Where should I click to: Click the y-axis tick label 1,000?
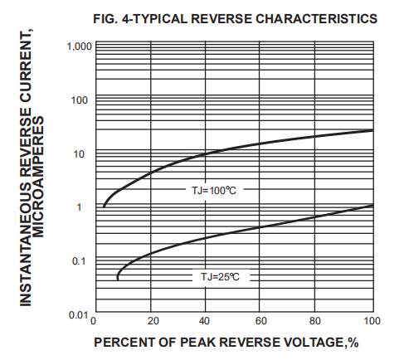pos(75,46)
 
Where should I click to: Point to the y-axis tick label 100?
pos(80,100)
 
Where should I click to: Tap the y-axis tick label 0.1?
pos(80,261)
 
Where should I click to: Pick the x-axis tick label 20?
pos(152,321)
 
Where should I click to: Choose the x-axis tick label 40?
pos(206,321)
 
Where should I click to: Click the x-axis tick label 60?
pos(260,321)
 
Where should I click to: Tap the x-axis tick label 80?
pos(315,321)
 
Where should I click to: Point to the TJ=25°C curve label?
pos(220,275)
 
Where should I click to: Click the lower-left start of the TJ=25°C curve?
pos(118,279)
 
